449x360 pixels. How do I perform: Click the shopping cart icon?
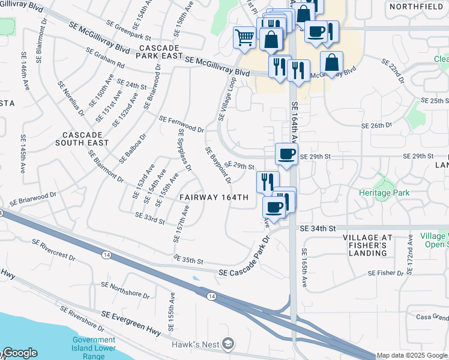point(244,37)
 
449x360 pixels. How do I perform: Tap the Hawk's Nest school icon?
point(228,344)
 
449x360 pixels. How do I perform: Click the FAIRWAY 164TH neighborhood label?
point(214,197)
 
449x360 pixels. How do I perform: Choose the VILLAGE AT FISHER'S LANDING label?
point(368,245)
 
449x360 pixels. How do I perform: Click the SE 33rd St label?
point(150,218)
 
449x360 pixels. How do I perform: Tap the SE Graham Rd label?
point(104,58)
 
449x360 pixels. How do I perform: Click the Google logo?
point(19,353)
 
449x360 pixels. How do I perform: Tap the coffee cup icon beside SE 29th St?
point(287,154)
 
